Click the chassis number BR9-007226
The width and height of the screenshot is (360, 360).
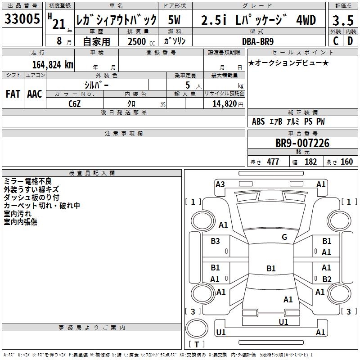[302, 144]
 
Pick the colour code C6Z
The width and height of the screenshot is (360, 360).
[75, 104]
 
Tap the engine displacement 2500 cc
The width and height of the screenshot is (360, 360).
[138, 41]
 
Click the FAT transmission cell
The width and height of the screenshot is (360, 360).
[13, 94]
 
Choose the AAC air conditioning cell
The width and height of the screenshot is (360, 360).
[35, 94]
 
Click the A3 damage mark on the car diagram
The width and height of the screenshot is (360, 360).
[220, 184]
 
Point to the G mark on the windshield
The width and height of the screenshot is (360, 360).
[284, 237]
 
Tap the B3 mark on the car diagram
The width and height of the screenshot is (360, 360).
[215, 241]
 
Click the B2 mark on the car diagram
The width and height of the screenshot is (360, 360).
[327, 279]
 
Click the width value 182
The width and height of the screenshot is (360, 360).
[310, 162]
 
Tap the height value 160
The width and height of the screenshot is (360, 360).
[346, 162]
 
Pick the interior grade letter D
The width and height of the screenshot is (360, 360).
[350, 41]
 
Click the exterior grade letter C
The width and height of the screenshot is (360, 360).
[335, 41]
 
